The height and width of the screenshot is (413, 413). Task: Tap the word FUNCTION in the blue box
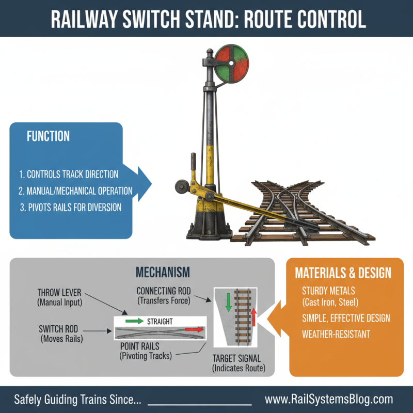coord(48,136)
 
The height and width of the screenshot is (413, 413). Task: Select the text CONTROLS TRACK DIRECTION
coord(68,174)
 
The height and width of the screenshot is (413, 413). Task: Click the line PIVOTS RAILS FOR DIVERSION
coord(70,207)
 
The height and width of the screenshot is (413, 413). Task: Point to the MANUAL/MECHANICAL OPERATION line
coord(75,190)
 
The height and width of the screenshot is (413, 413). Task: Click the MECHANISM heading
coord(163,272)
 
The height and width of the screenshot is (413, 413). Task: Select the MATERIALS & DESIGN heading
coord(342,273)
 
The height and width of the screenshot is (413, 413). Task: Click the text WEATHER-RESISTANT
coord(336,334)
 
